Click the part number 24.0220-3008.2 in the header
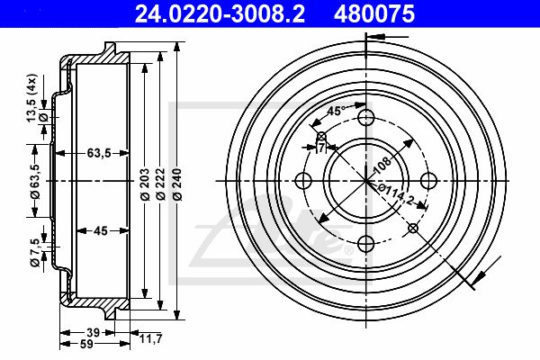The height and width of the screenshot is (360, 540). pyautogui.click(x=220, y=13)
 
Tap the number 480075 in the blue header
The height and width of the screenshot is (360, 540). pyautogui.click(x=374, y=13)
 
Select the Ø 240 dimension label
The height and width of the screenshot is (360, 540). pyautogui.click(x=177, y=184)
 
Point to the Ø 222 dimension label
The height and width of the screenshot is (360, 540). pyautogui.click(x=160, y=184)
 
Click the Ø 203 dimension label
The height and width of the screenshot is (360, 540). pyautogui.click(x=145, y=184)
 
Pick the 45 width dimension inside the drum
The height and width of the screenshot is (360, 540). pyautogui.click(x=101, y=230)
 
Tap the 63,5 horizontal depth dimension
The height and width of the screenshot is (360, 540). pyautogui.click(x=99, y=153)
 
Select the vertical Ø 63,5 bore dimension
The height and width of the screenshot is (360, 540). pyautogui.click(x=35, y=182)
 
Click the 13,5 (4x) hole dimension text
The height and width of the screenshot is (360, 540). pyautogui.click(x=31, y=98)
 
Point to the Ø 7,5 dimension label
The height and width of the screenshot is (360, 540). pyautogui.click(x=35, y=253)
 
